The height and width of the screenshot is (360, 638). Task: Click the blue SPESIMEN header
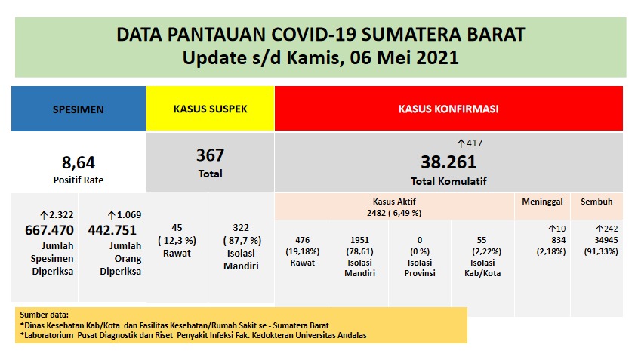79,109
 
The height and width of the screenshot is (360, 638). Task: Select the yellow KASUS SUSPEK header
210,109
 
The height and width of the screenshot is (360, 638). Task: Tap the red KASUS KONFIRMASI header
448,109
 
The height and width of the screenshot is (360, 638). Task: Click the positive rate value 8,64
79,161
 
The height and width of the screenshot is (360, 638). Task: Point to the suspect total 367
210,155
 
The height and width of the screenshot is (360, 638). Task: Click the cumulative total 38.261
448,162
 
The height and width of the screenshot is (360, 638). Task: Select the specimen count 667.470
45,230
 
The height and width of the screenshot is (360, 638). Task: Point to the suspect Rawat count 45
177,227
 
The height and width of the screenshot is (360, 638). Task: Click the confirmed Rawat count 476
302,239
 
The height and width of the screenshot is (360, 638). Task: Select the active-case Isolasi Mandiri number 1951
360,239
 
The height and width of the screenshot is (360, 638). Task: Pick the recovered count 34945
596,239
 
